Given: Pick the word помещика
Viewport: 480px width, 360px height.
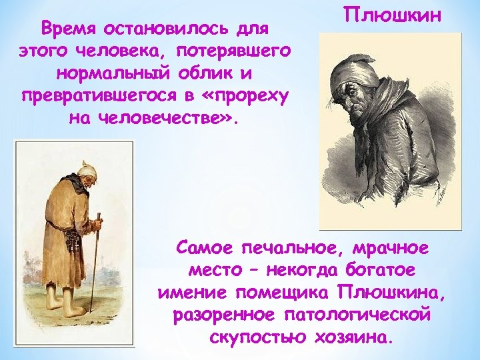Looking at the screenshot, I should coord(280,293).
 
